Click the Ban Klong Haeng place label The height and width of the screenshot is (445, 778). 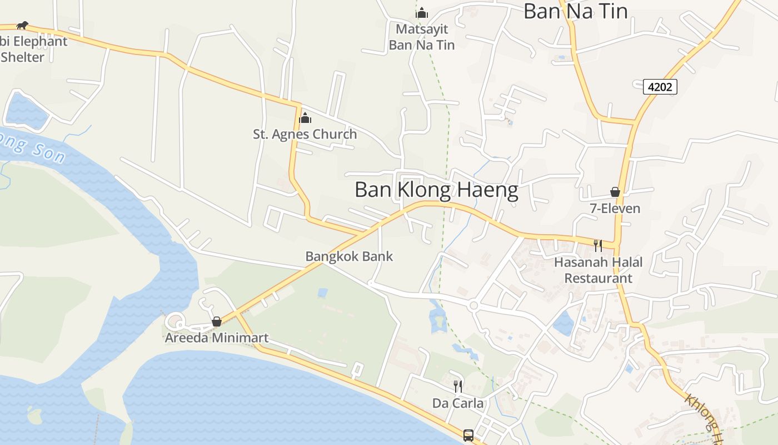(x=436, y=190)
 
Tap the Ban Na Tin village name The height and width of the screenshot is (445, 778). (x=575, y=11)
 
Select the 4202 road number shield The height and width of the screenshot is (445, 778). (x=660, y=87)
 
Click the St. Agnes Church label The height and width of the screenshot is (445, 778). (x=305, y=134)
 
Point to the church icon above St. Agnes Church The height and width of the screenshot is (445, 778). (x=305, y=118)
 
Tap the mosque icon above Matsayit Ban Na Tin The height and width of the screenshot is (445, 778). (x=422, y=12)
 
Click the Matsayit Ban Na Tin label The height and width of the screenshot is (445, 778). (x=422, y=37)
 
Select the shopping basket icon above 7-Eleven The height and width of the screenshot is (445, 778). (x=615, y=192)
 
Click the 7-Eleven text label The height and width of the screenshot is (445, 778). (x=615, y=209)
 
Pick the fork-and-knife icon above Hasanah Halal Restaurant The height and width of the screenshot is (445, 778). (x=598, y=245)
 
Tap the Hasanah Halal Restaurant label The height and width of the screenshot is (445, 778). (x=598, y=270)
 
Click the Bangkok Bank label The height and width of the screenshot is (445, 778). (x=349, y=256)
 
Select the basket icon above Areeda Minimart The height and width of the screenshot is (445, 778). (x=217, y=322)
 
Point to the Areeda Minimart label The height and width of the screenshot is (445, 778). (x=217, y=338)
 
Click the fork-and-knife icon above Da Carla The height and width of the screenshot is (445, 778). (x=458, y=386)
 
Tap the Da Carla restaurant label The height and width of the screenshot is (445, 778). (x=458, y=403)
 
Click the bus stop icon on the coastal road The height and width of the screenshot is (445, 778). (x=468, y=435)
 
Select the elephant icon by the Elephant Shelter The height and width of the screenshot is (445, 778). (x=22, y=25)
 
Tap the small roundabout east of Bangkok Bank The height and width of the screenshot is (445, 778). (x=473, y=305)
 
